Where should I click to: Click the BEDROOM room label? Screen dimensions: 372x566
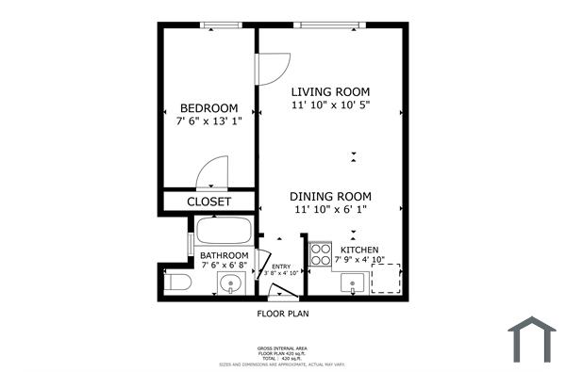(208, 108)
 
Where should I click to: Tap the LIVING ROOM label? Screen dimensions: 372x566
(329, 91)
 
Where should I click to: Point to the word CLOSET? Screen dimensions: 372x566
(208, 202)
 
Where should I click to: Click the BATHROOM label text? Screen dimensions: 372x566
(224, 255)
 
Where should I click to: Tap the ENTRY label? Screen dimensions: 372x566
(281, 267)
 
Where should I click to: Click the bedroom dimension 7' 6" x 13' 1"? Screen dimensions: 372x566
(208, 121)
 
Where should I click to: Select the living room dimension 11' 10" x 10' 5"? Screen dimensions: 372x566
(329, 105)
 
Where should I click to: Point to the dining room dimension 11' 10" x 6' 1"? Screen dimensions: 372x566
(329, 210)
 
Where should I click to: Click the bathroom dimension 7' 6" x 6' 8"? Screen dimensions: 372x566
(224, 267)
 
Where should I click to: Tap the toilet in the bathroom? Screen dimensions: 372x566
(178, 283)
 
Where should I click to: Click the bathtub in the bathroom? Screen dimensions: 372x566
(224, 232)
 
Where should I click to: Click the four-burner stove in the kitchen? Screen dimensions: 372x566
(321, 254)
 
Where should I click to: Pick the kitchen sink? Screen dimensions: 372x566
(354, 283)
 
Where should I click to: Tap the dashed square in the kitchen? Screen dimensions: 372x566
(386, 279)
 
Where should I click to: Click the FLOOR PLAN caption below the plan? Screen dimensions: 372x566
(283, 314)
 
